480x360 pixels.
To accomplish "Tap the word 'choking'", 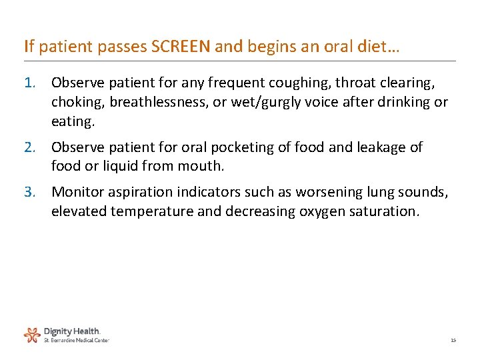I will click(x=77, y=102).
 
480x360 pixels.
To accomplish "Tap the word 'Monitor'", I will click(x=78, y=192).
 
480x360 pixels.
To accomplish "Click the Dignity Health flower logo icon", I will click(x=32, y=333).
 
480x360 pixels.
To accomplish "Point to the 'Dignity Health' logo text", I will click(x=72, y=331).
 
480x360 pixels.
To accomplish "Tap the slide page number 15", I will click(x=453, y=340).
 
